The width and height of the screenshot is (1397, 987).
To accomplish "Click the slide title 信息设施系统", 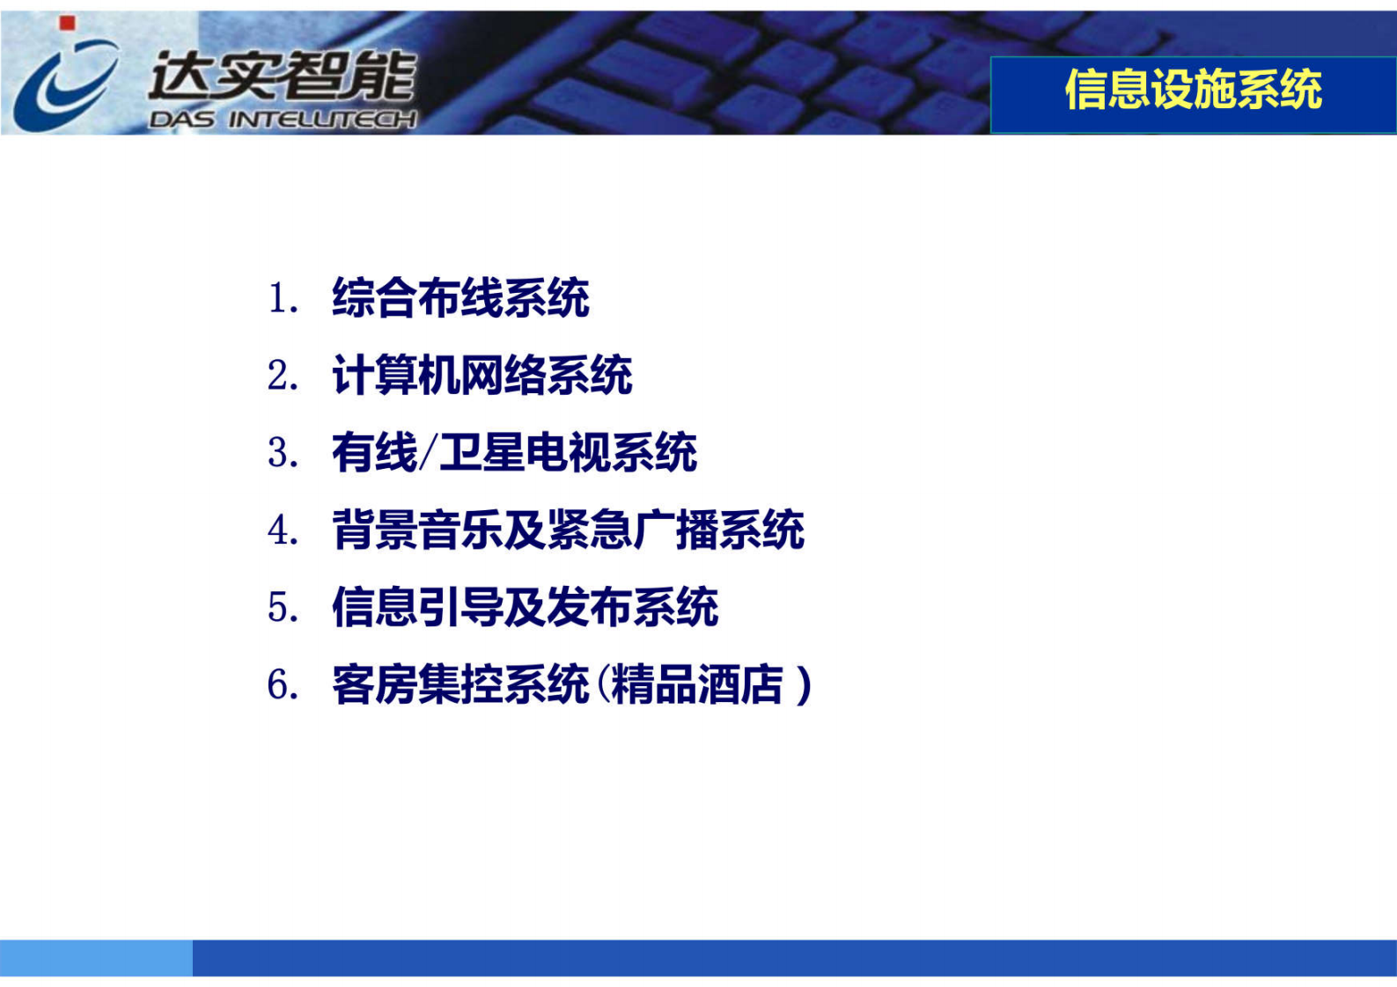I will (x=1193, y=90).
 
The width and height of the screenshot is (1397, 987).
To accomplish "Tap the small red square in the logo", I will (x=67, y=24).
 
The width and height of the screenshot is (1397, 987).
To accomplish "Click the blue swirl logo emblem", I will (x=63, y=84).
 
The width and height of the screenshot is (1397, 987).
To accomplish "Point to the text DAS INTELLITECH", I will (x=282, y=120).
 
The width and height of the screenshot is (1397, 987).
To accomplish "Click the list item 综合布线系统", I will (x=460, y=297).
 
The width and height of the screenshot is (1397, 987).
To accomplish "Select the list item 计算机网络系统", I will (x=482, y=376).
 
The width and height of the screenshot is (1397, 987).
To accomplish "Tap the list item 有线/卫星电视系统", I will (x=514, y=453).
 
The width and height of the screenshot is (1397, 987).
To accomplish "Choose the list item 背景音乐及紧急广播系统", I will (x=568, y=530).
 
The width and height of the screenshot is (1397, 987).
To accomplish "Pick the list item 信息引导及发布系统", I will (x=525, y=608).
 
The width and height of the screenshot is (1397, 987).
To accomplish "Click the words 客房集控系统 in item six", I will (x=460, y=685).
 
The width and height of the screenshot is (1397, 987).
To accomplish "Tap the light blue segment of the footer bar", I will (x=96, y=958).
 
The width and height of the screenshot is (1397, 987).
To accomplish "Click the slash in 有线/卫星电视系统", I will (x=428, y=454).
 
